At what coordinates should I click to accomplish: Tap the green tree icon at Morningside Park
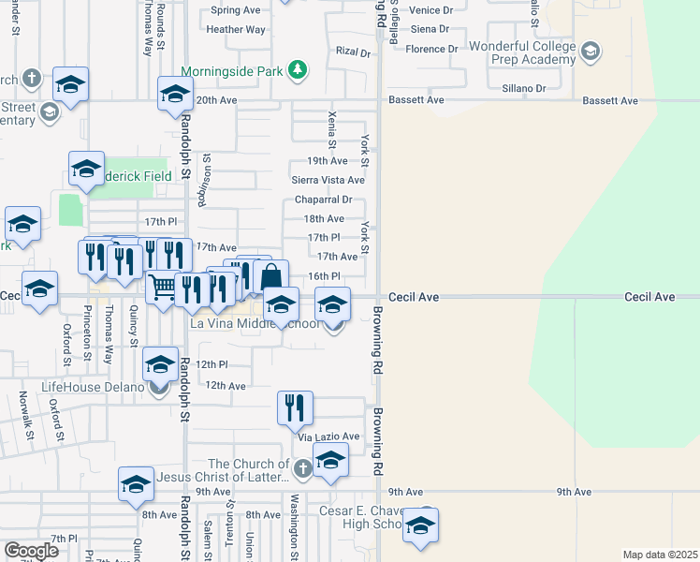[297, 70]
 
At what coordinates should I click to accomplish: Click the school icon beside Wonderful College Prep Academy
[590, 50]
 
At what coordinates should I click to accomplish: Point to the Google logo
[31, 551]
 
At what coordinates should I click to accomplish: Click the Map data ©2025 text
[660, 555]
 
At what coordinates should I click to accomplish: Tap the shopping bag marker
[270, 277]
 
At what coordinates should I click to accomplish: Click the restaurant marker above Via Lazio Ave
[295, 407]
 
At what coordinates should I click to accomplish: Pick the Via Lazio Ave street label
[328, 436]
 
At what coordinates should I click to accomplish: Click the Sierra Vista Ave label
[328, 180]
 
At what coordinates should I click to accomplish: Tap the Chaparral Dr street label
[323, 200]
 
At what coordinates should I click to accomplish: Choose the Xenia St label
[332, 129]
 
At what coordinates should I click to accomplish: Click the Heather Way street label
[237, 30]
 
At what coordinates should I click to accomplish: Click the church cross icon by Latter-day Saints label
[301, 468]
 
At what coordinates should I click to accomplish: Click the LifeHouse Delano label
[93, 387]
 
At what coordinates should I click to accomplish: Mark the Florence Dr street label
[431, 49]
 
